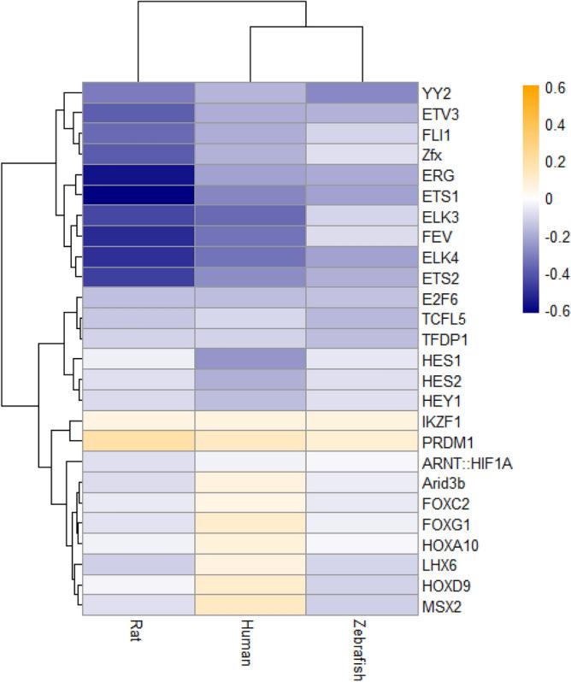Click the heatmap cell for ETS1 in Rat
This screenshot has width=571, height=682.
point(139,195)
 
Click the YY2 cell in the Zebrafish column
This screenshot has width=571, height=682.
point(360,92)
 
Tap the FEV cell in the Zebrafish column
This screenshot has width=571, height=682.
point(360,236)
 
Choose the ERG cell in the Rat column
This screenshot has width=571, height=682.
point(139,174)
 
